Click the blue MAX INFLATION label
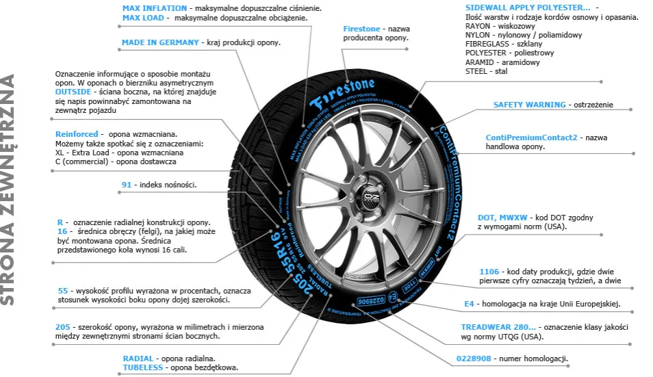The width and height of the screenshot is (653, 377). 149,8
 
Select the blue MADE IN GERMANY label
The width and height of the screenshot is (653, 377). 160,42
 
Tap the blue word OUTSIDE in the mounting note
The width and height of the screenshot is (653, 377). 74,91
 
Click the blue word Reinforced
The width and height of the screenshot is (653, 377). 77,134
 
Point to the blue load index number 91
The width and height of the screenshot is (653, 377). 127,185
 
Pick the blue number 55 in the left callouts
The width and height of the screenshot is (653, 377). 63,291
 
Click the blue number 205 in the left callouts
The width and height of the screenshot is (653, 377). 64,326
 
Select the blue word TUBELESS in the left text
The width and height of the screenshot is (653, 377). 143,367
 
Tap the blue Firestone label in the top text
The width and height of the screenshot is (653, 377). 361,29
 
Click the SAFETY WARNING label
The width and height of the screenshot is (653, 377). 529,105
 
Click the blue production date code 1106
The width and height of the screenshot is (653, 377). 489,272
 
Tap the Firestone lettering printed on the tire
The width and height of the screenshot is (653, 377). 342,93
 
